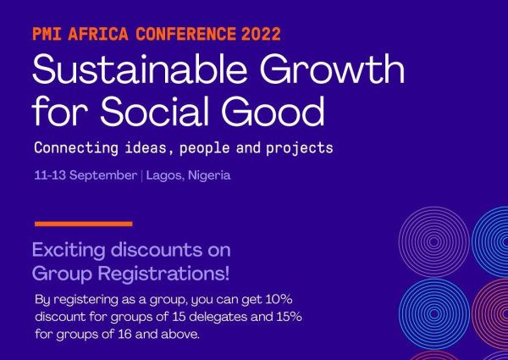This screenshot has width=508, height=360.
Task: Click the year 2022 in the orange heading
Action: tap(259, 36)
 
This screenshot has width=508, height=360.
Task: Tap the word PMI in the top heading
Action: tap(48, 36)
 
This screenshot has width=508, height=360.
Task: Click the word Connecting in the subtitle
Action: tap(74, 148)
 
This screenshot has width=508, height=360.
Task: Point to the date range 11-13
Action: tap(51, 176)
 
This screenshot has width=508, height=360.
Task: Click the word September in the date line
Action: tap(105, 176)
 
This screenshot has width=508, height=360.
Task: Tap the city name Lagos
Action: tap(166, 176)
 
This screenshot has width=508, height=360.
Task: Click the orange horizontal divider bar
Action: tap(83, 224)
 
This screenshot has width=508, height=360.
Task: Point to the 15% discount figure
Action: tap(286, 317)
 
